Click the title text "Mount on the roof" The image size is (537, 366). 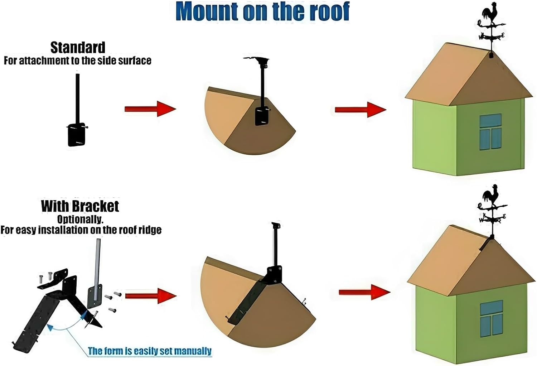coord(262,12)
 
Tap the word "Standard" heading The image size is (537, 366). coord(78,48)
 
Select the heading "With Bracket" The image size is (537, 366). coord(80,206)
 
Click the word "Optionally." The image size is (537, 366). coord(80,219)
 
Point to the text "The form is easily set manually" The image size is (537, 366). coord(150,351)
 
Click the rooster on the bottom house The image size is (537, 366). coord(489,195)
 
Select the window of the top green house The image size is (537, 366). coord(490,131)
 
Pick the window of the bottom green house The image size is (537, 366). coord(491,318)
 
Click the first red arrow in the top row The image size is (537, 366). coord(150,109)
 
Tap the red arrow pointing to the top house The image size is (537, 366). coord(360,110)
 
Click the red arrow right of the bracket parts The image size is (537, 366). coord(151,296)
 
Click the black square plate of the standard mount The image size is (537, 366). coord(77,135)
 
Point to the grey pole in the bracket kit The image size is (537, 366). coord(97,265)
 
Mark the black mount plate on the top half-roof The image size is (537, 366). coord(261,116)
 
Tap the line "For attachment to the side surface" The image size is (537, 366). coord(77,61)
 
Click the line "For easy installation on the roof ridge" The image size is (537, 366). coord(81,230)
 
